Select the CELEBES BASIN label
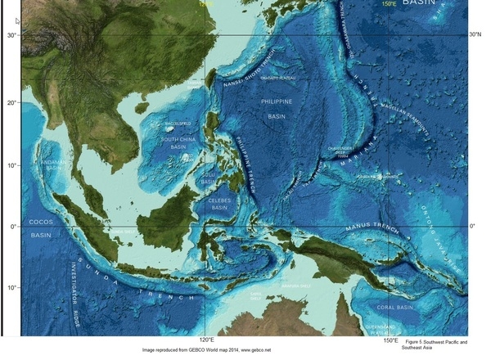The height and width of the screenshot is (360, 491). tap(219, 203)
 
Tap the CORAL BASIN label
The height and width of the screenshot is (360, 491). tap(394, 308)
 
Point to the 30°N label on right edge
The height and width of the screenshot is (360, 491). tap(474, 34)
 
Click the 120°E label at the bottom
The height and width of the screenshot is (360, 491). tap(206, 340)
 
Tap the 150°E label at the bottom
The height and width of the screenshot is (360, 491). tap(391, 340)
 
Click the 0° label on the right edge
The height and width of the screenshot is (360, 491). tap(472, 226)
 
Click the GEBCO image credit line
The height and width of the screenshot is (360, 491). tap(206, 350)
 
